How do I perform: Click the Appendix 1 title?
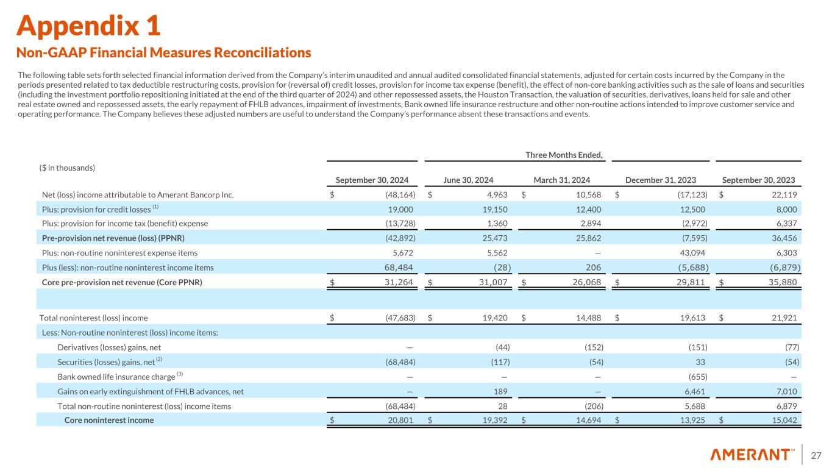89,25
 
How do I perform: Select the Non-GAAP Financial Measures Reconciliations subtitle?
164,53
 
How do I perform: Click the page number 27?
817,455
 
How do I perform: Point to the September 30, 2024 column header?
372,180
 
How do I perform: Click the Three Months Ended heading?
564,155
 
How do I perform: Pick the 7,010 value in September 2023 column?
787,391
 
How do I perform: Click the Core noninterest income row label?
109,420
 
